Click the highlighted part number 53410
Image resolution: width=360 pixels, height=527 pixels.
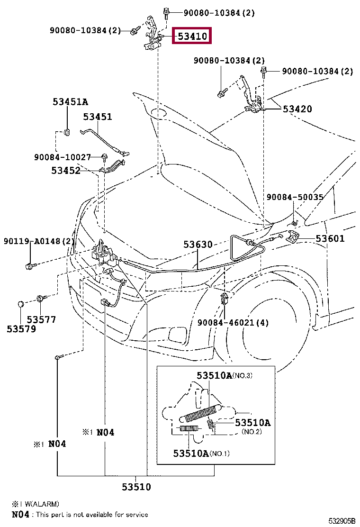(192, 36)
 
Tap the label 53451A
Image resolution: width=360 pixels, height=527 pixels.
(70, 101)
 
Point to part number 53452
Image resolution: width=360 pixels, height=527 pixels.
(66, 170)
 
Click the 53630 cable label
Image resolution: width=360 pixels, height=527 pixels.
(198, 245)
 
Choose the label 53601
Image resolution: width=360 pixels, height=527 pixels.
(330, 238)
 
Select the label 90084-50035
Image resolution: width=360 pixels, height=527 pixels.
(295, 197)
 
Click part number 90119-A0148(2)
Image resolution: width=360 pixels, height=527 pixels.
(39, 242)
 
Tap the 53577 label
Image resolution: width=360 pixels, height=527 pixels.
(41, 319)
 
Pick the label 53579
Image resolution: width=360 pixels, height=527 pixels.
(21, 328)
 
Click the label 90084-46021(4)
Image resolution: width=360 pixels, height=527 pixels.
(233, 323)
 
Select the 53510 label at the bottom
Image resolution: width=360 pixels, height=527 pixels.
(136, 487)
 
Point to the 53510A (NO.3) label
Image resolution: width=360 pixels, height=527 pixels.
(225, 376)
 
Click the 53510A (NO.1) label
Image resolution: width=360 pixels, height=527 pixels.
(201, 454)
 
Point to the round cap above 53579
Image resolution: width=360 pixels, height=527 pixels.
(21, 303)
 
